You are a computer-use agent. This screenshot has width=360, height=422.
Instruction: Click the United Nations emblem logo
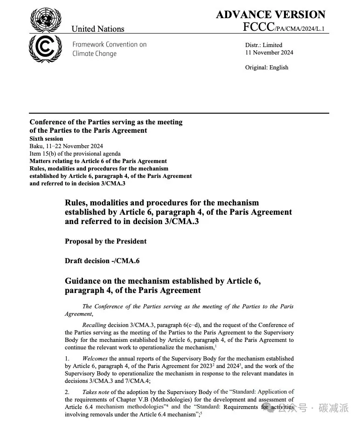[x=46, y=20]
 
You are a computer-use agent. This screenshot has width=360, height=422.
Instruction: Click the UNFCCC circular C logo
[x=45, y=49]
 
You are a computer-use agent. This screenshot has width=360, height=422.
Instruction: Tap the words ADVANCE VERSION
[x=270, y=14]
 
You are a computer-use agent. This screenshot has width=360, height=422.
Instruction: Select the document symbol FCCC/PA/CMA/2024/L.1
[x=284, y=27]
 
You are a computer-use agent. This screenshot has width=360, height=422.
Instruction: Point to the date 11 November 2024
[x=269, y=53]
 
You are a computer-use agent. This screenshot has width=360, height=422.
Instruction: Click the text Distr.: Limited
[x=263, y=45]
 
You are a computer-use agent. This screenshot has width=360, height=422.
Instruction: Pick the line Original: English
[x=267, y=68]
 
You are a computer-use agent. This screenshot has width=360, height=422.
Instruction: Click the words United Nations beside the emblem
[x=98, y=29]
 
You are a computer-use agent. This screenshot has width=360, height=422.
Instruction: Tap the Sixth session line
[x=46, y=139]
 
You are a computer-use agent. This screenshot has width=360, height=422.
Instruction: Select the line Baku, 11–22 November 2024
[x=66, y=146]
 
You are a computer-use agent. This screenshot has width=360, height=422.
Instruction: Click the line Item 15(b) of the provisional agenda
[x=75, y=153]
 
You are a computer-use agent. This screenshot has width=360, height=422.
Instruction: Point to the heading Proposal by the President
[x=105, y=241]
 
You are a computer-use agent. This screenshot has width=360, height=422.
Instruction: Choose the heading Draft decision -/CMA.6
[x=102, y=261]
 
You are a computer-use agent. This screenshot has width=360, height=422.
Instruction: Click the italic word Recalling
[x=94, y=325]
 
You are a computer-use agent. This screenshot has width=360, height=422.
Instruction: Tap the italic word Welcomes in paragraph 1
[x=96, y=358]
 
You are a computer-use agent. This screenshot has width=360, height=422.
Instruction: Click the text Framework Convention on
[x=109, y=45]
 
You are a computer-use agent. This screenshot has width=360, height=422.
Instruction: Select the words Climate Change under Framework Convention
[x=94, y=54]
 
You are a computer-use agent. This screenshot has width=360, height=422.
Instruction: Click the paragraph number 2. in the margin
[x=67, y=392]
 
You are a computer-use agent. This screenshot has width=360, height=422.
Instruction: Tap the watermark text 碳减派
[x=333, y=408]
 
